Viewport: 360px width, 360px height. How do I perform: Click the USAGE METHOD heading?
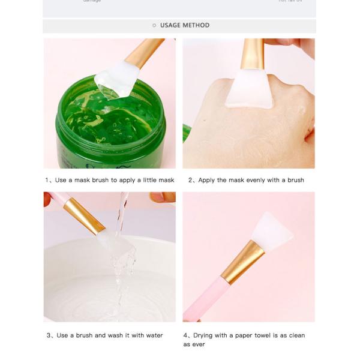(184, 25)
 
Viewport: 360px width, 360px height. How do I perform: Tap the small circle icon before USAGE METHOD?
(154, 25)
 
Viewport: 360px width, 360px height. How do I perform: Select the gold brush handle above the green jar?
(143, 52)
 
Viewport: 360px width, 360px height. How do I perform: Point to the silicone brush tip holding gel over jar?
(116, 79)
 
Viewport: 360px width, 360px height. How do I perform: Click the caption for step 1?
(109, 180)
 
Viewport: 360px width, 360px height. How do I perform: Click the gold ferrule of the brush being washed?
(84, 215)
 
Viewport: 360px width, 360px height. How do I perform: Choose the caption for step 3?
(104, 335)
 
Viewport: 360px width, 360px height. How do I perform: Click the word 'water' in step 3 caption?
(153, 335)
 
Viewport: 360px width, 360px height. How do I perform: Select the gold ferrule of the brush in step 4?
(242, 262)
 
